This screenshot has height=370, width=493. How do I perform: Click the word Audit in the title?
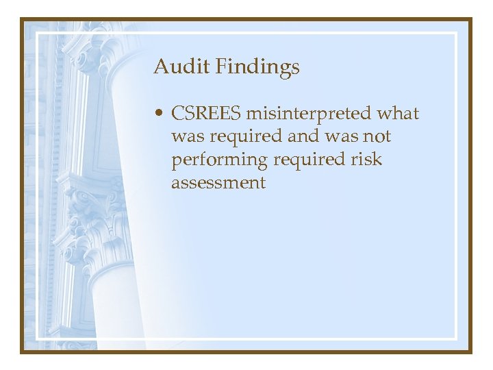175,66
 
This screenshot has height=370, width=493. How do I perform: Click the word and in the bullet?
302,136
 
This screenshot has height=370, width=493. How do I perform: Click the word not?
376,136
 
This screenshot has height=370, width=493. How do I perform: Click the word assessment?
218,183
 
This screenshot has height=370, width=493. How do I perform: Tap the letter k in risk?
378,160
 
